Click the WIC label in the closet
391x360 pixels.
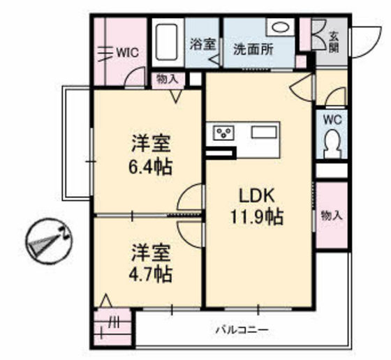point(128,52)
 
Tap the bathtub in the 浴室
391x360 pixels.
point(168,42)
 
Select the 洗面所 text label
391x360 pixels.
point(253,50)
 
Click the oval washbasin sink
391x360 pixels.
point(281,27)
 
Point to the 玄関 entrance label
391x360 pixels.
point(334,42)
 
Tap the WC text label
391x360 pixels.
point(332,120)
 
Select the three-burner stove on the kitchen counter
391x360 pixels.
point(223,133)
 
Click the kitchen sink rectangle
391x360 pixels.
point(264,132)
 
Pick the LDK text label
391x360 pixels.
point(257,196)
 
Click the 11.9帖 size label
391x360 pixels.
point(257,217)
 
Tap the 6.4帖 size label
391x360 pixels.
point(150,167)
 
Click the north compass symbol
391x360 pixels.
point(49,241)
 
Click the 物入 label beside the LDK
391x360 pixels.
point(332,216)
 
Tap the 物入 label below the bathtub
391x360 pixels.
point(168,80)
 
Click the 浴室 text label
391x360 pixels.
point(202,45)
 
